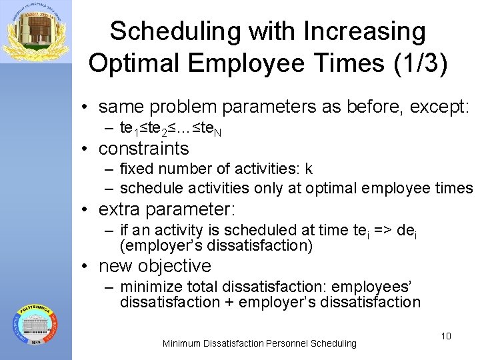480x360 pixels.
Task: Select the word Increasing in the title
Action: point(364,31)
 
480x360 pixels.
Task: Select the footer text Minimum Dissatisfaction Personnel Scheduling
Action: point(259,343)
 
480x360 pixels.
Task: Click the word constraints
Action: point(143,148)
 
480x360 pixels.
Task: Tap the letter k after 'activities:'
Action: point(309,169)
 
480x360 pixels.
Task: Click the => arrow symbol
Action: point(383,231)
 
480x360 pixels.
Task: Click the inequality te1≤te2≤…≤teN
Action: point(171,128)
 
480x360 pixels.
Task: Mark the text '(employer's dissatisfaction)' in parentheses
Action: point(216,245)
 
